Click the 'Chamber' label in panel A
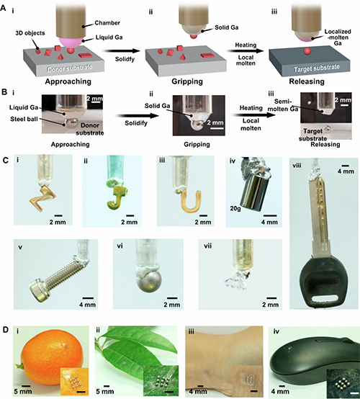point(107,23)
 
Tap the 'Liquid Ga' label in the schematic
point(109,37)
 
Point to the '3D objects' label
point(30,33)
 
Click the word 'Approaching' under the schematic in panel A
point(68,81)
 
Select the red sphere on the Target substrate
point(307,51)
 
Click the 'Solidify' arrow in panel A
point(122,51)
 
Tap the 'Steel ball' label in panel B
point(24,119)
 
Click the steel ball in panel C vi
point(149,280)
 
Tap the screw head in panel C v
point(37,290)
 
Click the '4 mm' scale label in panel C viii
point(346,171)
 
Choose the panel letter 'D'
point(6,330)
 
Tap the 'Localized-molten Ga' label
point(338,37)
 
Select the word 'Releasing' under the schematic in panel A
point(307,81)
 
